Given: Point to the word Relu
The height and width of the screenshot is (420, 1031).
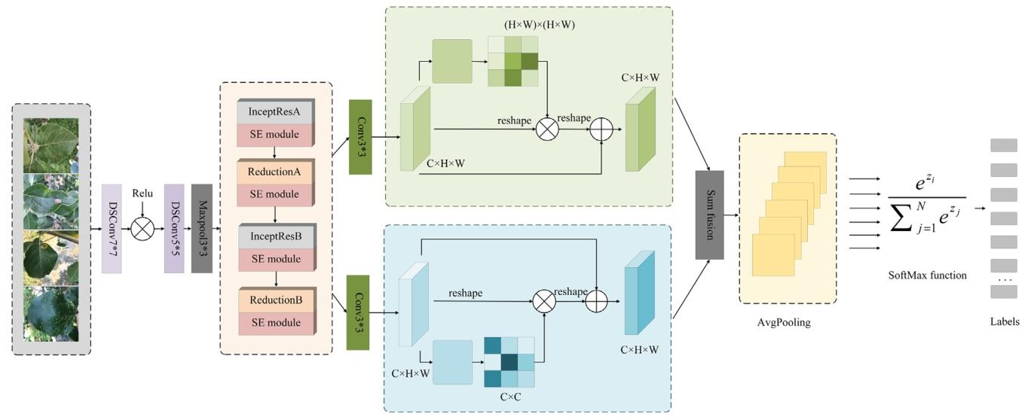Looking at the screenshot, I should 142,193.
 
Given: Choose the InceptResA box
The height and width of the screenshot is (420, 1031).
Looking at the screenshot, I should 274,112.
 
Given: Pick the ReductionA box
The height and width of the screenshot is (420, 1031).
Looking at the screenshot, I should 274,172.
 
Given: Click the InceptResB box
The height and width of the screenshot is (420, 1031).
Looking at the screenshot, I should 274,236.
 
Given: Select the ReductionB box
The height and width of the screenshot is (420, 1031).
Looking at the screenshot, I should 274,300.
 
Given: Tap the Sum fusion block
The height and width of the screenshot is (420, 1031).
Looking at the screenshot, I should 709,215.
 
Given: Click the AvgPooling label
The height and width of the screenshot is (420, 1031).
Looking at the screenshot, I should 788,322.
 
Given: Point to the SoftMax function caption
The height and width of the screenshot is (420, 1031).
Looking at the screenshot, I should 926,275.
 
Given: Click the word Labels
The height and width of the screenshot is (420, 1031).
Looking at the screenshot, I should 1004,321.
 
